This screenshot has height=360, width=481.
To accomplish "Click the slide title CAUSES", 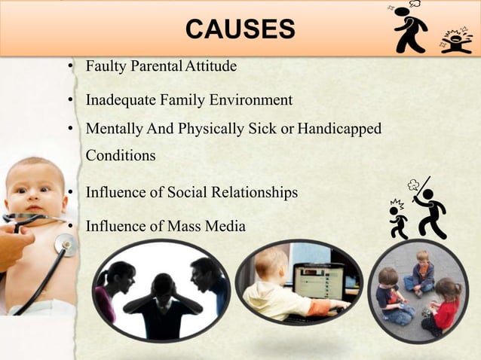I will tap(240, 30).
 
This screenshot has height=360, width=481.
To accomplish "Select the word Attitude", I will tap(207, 66).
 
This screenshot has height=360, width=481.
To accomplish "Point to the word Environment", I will tap(255, 99).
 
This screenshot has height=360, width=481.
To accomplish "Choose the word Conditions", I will tap(121, 156).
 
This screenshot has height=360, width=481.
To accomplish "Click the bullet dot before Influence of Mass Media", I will tap(69, 226).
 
